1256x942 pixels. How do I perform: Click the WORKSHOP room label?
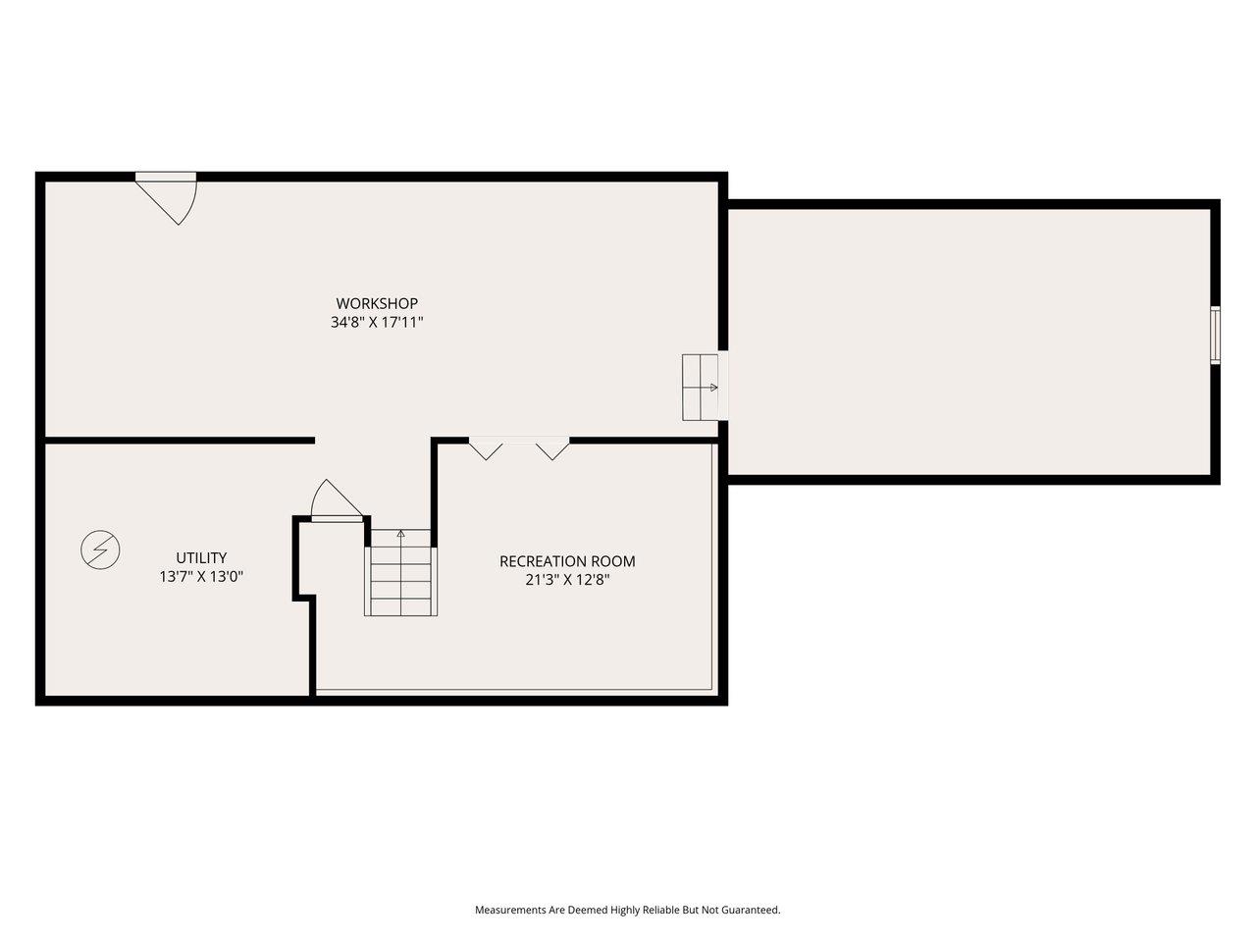click(377, 303)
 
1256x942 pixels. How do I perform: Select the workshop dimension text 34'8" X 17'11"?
click(377, 322)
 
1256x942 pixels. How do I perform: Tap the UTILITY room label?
click(201, 557)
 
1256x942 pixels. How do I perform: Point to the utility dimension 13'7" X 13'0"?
click(201, 577)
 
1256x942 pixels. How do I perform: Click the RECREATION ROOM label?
click(567, 561)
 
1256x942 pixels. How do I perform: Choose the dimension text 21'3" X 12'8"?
click(567, 580)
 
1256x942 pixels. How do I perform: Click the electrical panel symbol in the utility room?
click(100, 550)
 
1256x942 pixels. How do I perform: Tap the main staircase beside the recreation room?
click(400, 579)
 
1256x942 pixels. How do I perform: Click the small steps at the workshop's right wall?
click(701, 388)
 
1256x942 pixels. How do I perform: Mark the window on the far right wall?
click(1215, 335)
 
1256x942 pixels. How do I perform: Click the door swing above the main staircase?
click(334, 500)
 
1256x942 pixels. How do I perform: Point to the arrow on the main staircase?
click(400, 535)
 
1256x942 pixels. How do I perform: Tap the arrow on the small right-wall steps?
click(712, 388)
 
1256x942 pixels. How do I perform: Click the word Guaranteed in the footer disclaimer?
click(745, 910)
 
